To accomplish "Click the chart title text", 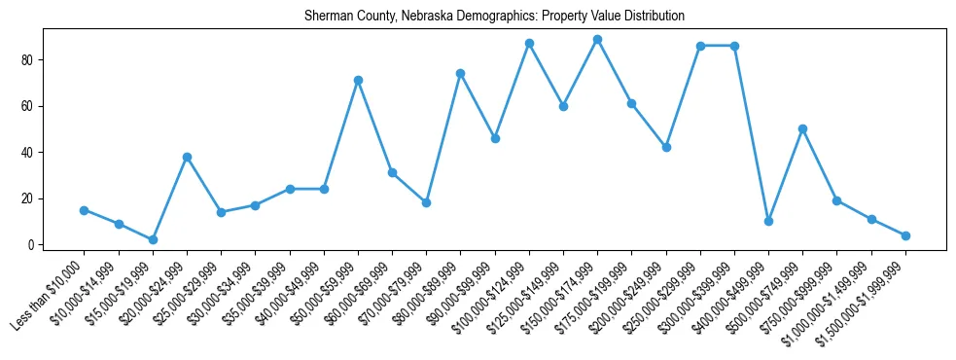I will tap(494, 17).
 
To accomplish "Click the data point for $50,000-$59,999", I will tap(358, 80).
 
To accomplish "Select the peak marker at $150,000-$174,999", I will tap(597, 39).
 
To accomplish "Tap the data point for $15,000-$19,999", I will tap(153, 239).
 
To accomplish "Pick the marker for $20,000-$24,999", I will tap(187, 157).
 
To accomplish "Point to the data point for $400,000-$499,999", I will tap(768, 221).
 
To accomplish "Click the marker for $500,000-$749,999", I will tap(802, 128).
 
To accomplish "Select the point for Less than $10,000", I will tap(84, 210).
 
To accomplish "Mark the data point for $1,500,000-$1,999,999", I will tap(905, 235).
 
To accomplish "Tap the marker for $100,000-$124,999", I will tap(529, 43).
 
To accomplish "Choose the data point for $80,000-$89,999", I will tap(460, 73).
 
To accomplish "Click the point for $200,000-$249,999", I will tap(666, 147).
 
